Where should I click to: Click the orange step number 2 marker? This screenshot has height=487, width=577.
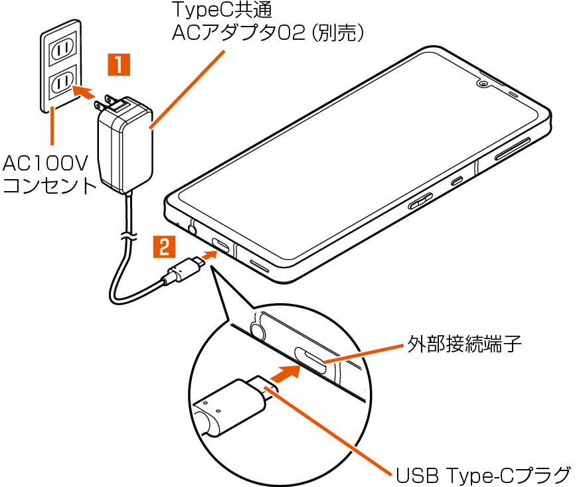click(165, 247)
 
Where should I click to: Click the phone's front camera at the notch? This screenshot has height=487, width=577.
click(482, 84)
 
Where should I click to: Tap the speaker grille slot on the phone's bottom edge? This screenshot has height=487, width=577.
click(260, 265)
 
